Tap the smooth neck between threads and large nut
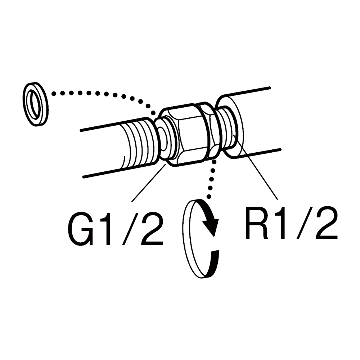[164, 139]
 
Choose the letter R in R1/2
[258, 224]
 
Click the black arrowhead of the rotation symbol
[211, 225]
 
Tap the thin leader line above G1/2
[149, 182]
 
